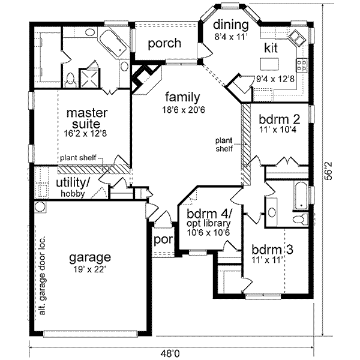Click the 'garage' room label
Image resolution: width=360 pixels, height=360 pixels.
click(89, 258)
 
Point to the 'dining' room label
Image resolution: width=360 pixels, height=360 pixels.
click(231, 25)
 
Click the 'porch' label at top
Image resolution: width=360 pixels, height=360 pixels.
click(164, 43)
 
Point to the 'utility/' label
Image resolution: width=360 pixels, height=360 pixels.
click(73, 182)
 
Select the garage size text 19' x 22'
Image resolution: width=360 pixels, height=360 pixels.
click(89, 271)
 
